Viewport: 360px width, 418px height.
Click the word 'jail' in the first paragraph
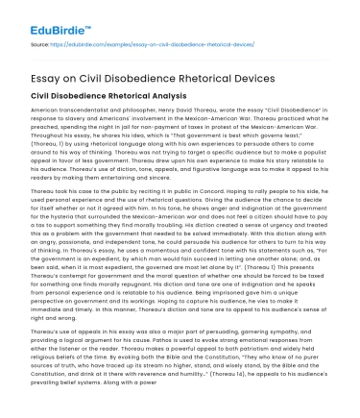[x=129, y=131]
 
